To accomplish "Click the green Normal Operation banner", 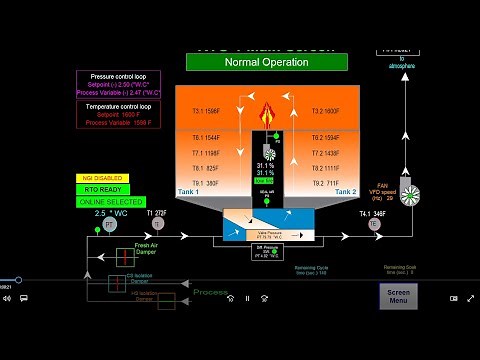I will click(x=266, y=62).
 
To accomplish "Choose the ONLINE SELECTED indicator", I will click(x=110, y=202).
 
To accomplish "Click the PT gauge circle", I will click(x=111, y=225).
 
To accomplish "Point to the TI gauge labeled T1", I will click(x=157, y=225).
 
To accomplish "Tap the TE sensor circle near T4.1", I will click(x=375, y=225).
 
